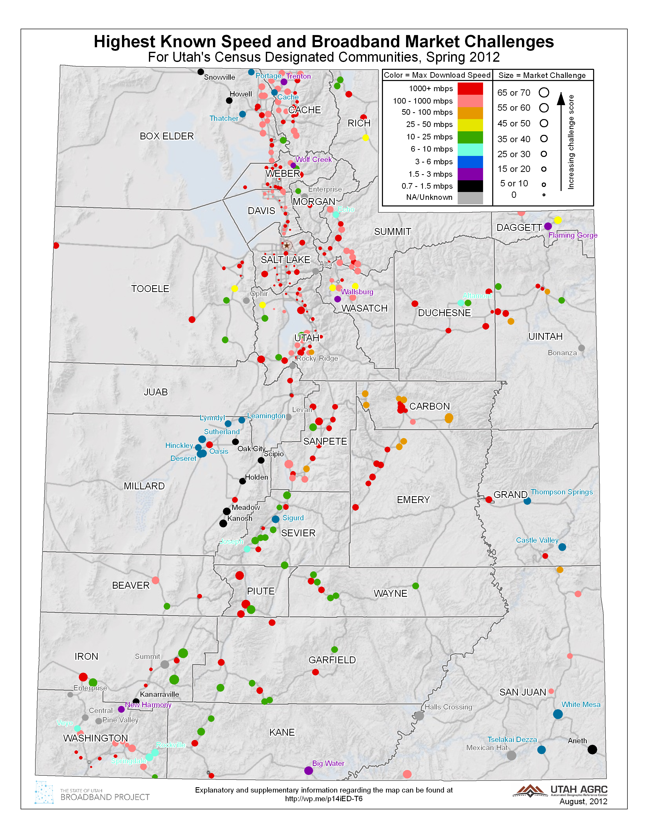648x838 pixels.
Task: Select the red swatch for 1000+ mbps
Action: click(470, 89)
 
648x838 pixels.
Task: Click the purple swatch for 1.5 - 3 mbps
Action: click(470, 174)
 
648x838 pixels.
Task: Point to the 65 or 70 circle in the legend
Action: click(544, 92)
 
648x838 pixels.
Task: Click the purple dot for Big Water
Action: click(308, 770)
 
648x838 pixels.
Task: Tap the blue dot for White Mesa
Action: click(558, 714)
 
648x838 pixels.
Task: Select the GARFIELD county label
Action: click(332, 660)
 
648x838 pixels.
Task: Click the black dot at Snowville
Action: click(200, 72)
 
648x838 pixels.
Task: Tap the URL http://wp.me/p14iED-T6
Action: click(323, 799)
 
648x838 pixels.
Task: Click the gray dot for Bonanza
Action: click(582, 348)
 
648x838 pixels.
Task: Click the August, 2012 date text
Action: click(583, 801)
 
